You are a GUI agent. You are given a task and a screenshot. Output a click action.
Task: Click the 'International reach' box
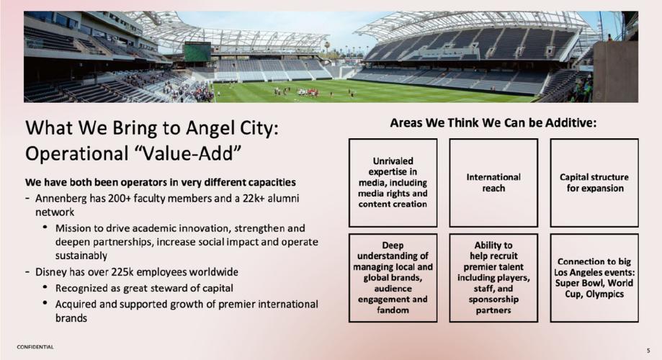point(493,183)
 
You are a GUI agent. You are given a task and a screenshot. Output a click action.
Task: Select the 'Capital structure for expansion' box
point(594,183)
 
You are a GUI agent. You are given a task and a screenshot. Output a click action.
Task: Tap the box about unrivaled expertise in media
point(393,183)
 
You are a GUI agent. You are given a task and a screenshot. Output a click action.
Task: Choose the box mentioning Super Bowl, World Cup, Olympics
point(594,278)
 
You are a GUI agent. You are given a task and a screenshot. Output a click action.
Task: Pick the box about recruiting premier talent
point(493,278)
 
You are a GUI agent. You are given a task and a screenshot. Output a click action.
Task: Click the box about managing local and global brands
point(393,278)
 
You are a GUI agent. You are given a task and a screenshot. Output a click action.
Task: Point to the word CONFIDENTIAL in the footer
point(35,347)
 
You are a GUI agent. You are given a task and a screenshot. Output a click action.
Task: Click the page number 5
point(648,351)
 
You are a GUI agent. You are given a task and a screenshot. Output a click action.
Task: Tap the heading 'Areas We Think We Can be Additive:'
point(493,123)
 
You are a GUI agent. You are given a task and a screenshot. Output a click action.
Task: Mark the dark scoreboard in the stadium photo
point(197,52)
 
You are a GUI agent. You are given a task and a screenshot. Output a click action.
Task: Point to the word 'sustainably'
point(81,256)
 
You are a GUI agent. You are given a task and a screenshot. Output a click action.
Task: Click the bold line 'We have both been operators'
point(161,182)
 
